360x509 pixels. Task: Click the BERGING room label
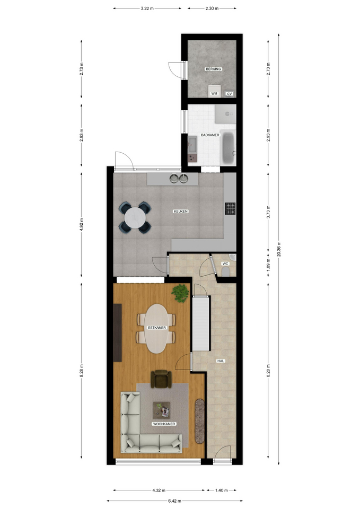[x=213, y=69]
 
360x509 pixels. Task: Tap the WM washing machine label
[x=214, y=93]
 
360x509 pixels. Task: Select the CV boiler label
[x=230, y=94]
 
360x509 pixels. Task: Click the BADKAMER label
[x=210, y=135]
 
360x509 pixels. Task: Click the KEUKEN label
[x=181, y=212]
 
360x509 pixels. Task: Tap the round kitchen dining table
[x=135, y=217]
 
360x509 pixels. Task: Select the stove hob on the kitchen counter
[x=230, y=208]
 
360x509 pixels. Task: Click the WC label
[x=225, y=264]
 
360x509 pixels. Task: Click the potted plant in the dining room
[x=180, y=293]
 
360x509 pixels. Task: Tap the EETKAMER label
[x=157, y=328]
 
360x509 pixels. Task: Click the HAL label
[x=221, y=361]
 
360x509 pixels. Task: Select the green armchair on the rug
[x=161, y=379]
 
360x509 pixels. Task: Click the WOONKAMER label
[x=164, y=424]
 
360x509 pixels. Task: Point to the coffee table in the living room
[x=162, y=410]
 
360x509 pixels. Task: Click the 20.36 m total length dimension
[x=279, y=249]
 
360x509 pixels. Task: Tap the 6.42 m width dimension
[x=174, y=501]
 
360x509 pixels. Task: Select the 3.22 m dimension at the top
[x=147, y=8]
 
